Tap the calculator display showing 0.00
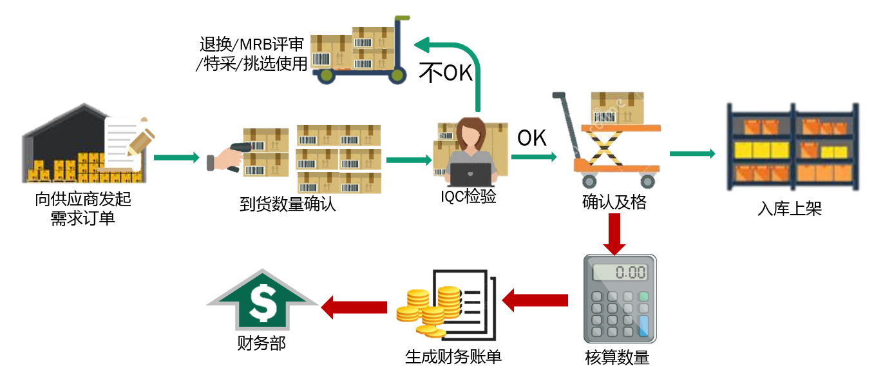point(619,271)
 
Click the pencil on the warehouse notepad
point(142,141)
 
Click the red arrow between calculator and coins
point(535,300)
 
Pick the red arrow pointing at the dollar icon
point(354,307)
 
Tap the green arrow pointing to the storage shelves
point(692,153)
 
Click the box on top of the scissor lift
point(617,108)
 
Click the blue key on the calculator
point(642,325)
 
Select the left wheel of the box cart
point(327,76)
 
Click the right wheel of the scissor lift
point(647,181)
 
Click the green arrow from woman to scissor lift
point(534,157)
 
